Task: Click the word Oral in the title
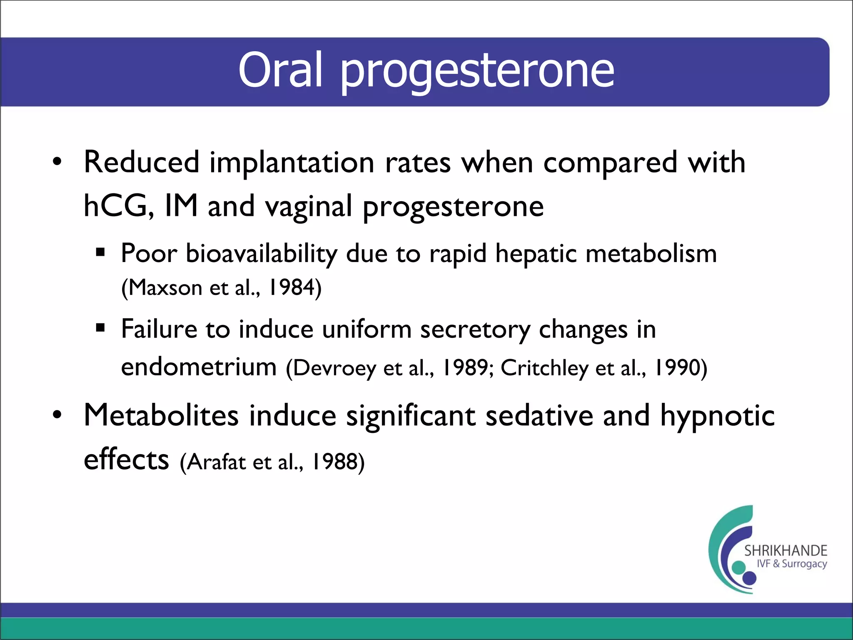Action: tap(280, 70)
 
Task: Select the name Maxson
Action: tap(165, 287)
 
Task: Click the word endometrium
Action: tap(199, 367)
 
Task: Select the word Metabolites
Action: tap(161, 415)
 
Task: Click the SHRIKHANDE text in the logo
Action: tap(786, 551)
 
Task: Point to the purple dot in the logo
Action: tap(749, 578)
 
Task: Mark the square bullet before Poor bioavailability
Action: tap(100, 252)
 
